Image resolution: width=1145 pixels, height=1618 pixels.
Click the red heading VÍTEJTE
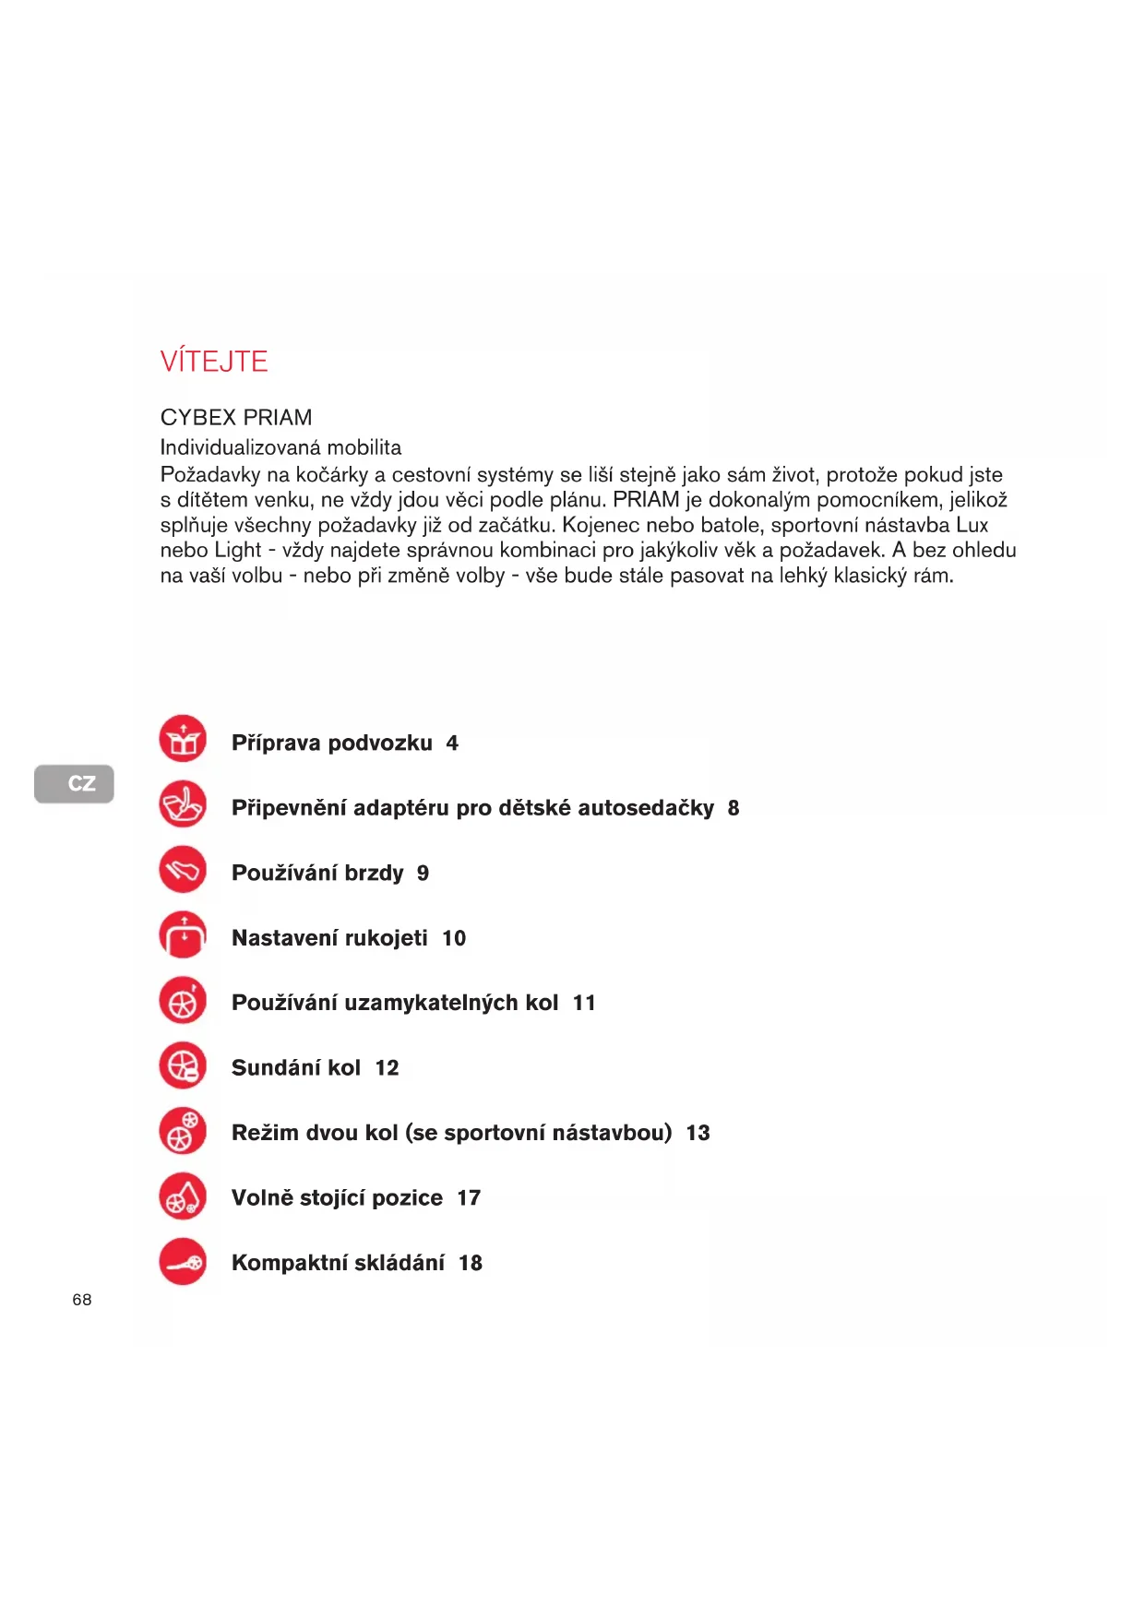[214, 361]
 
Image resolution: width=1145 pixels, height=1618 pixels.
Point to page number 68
[82, 1299]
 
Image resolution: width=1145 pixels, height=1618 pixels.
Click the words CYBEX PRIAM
[236, 417]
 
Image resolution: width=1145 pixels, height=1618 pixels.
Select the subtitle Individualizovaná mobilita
[280, 447]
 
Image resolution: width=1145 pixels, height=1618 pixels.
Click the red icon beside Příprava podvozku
[183, 739]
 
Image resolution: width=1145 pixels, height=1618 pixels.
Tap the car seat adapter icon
[183, 804]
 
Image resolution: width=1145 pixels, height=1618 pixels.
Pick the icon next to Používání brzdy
[183, 869]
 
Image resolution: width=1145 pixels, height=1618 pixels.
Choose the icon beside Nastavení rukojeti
[183, 934]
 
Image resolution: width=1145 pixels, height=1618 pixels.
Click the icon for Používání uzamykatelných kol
[183, 1000]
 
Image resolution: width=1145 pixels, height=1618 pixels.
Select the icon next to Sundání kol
[183, 1065]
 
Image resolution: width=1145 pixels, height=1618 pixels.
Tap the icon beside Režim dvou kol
[183, 1131]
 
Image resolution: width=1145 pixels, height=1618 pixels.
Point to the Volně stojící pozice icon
[183, 1196]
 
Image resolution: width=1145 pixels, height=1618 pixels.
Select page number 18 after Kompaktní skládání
[471, 1263]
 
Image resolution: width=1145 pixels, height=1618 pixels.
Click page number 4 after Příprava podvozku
[452, 744]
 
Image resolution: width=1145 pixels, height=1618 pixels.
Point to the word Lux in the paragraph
[972, 525]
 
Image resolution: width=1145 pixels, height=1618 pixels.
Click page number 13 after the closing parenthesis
[698, 1133]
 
